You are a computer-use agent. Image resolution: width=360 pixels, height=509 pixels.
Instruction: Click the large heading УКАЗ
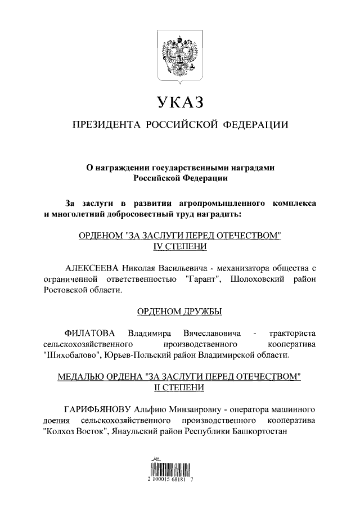pyautogui.click(x=180, y=103)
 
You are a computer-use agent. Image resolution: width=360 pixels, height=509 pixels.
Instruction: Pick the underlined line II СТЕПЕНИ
pyautogui.click(x=180, y=388)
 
